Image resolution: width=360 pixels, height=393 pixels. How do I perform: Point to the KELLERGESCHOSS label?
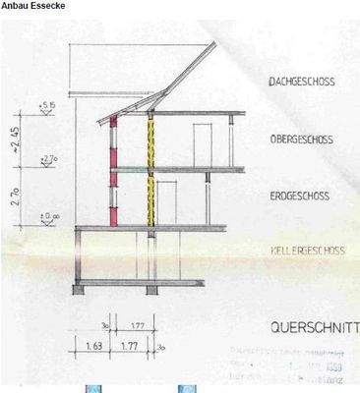tap(307, 252)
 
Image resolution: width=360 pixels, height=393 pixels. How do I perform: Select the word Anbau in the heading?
tap(15, 6)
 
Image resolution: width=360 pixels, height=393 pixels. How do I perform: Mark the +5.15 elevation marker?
tap(47, 104)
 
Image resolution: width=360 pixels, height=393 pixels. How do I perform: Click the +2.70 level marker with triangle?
tap(47, 159)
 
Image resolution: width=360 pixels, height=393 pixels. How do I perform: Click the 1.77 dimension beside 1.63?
tap(129, 347)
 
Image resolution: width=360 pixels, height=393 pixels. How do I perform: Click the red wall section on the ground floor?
tap(113, 200)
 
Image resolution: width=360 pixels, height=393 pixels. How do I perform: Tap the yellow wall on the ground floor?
tap(151, 201)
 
